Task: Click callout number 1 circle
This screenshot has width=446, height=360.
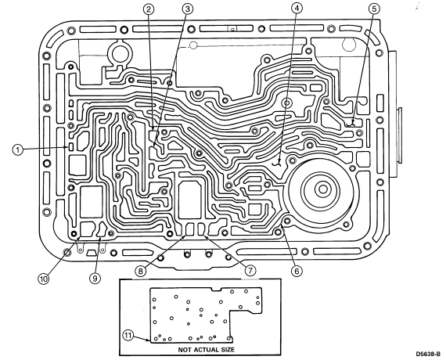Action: point(18,149)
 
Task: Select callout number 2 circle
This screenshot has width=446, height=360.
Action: point(149,9)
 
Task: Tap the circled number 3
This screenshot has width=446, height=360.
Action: point(187,9)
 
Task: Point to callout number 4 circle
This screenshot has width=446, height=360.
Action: point(297,9)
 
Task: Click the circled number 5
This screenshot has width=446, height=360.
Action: point(374,9)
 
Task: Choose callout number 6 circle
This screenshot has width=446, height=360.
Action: point(297,271)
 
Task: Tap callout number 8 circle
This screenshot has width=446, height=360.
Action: point(140,271)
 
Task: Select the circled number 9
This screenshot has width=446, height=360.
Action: point(95,278)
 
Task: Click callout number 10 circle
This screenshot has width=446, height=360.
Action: point(44,279)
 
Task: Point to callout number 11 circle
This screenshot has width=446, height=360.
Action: point(128,336)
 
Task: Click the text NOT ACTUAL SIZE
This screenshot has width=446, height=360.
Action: point(207,350)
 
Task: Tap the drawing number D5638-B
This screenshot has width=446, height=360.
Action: point(428,354)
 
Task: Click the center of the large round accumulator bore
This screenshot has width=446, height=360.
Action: point(323,189)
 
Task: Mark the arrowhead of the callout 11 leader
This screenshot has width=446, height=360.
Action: point(148,340)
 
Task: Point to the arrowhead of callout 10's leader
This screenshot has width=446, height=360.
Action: point(80,236)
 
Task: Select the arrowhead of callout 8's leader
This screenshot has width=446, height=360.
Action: point(186,235)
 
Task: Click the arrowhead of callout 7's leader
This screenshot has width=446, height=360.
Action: point(203,234)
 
